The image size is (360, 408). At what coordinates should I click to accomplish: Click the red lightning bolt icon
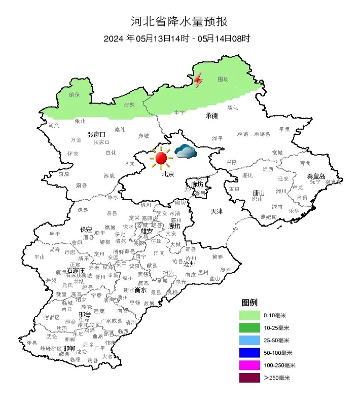(198, 80)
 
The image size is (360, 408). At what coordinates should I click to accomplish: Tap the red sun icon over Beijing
(161, 158)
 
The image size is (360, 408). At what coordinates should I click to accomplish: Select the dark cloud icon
(186, 151)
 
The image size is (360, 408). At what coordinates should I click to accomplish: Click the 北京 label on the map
(168, 174)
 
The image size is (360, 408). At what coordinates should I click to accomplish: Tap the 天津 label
(217, 210)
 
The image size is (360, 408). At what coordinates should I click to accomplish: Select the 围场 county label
(223, 80)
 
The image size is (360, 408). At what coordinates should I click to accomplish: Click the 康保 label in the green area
(75, 94)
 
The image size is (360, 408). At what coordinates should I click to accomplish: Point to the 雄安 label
(147, 231)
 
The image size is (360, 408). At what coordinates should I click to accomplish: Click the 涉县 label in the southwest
(31, 343)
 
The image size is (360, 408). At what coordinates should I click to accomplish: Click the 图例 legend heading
(249, 303)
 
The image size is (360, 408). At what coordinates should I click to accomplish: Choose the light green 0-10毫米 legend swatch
(250, 315)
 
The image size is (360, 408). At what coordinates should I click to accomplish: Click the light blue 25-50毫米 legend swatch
(250, 340)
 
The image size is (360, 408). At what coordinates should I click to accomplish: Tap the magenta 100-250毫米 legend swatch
(250, 365)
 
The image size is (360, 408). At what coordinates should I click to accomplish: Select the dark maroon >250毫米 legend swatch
(250, 378)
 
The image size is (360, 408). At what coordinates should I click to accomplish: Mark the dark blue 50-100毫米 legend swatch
(250, 353)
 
